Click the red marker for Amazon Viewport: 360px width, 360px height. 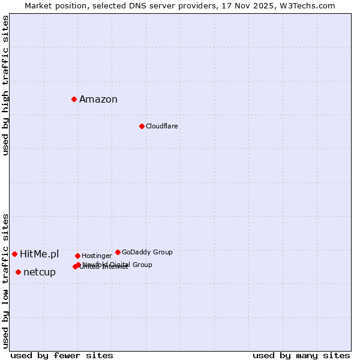(74, 99)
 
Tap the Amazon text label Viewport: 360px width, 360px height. (98, 100)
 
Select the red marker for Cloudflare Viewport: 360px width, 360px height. (142, 126)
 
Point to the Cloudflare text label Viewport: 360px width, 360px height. (161, 126)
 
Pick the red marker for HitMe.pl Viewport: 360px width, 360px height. (14, 254)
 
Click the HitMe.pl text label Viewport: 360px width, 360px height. (40, 254)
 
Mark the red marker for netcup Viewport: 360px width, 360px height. (18, 272)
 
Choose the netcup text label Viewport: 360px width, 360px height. (40, 272)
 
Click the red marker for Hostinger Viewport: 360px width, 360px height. (77, 256)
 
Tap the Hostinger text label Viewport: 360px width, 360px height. (97, 256)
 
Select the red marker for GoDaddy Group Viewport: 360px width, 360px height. (118, 252)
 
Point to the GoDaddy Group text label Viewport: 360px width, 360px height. (147, 253)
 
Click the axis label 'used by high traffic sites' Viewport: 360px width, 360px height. (6, 85)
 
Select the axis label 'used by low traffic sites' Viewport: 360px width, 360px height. (6, 281)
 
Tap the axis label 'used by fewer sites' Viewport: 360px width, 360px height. (62, 356)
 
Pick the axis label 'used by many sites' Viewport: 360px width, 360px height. (301, 356)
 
